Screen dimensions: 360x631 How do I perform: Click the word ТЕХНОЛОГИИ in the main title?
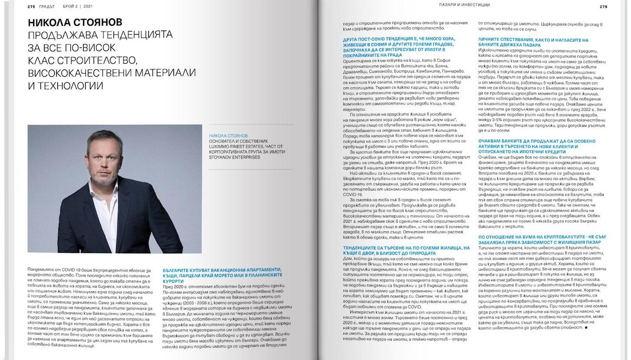[x=66, y=85]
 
